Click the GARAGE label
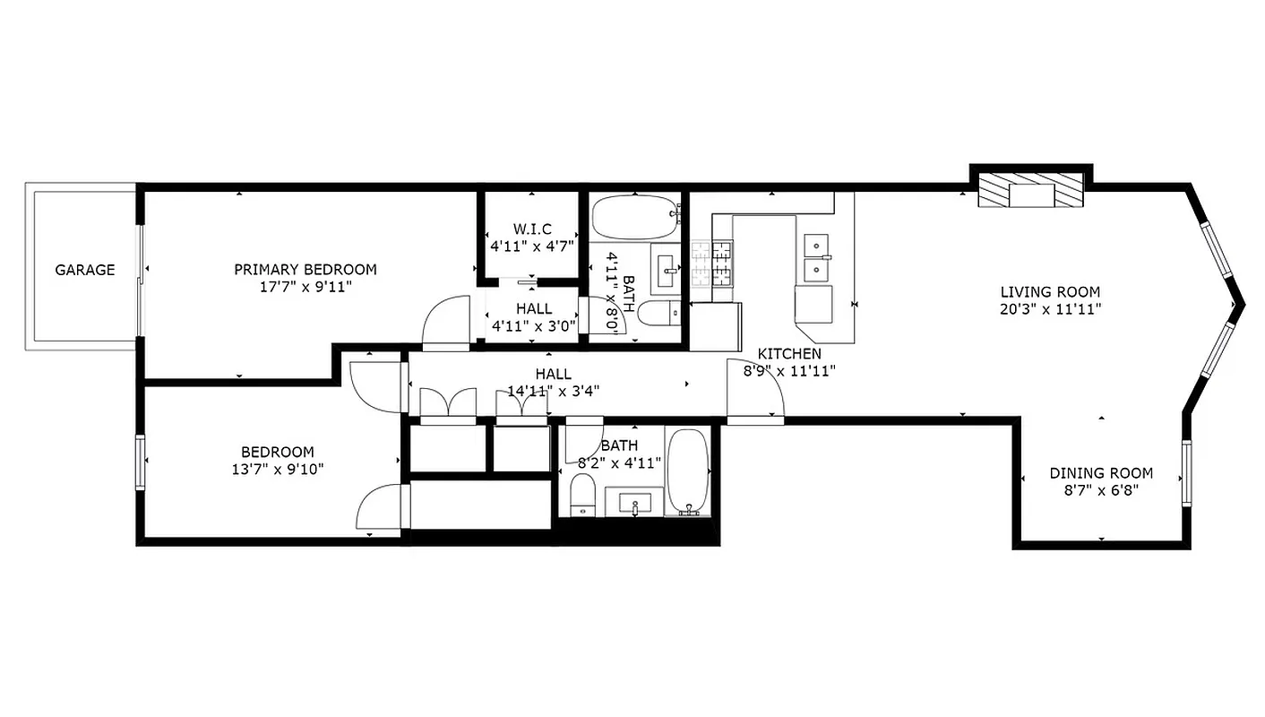point(85,270)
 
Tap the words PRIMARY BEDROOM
point(305,270)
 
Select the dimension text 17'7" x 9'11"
point(305,287)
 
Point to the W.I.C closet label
point(531,228)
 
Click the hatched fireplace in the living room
point(1030,192)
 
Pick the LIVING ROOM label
point(1050,292)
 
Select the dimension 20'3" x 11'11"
point(1050,309)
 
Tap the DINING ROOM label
point(1101,473)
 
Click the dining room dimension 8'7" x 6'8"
point(1101,490)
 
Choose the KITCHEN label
point(789,354)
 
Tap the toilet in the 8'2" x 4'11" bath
point(583,495)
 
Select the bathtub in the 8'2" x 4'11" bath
point(688,471)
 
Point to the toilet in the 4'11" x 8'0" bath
point(661,315)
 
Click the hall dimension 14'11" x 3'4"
point(554,391)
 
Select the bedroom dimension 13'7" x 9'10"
point(277,469)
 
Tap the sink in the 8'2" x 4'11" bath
point(634,504)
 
